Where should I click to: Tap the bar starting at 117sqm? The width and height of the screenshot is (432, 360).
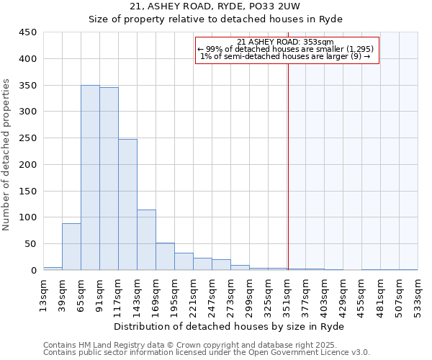tap(127, 204)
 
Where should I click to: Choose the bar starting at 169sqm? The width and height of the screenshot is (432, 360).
tap(165, 256)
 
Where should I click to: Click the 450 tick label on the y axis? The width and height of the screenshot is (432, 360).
tap(27, 32)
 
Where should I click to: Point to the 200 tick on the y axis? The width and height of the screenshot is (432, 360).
tap(27, 164)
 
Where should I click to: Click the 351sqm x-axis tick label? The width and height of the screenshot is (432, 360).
tap(287, 294)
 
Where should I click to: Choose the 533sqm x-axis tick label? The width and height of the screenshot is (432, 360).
tap(418, 294)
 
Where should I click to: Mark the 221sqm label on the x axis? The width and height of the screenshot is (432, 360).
tap(193, 294)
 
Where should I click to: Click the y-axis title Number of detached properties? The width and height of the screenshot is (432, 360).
tap(7, 155)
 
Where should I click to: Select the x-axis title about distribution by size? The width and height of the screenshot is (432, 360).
tap(229, 327)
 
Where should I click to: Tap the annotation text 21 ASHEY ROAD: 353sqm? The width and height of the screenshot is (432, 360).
tap(285, 42)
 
